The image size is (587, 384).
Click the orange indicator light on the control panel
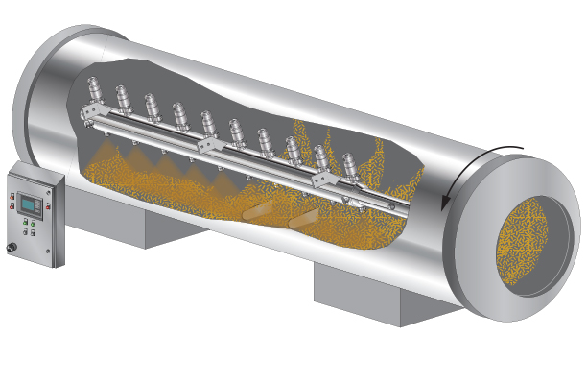pos(12,197)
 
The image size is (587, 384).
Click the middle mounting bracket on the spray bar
pos(208,144)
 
